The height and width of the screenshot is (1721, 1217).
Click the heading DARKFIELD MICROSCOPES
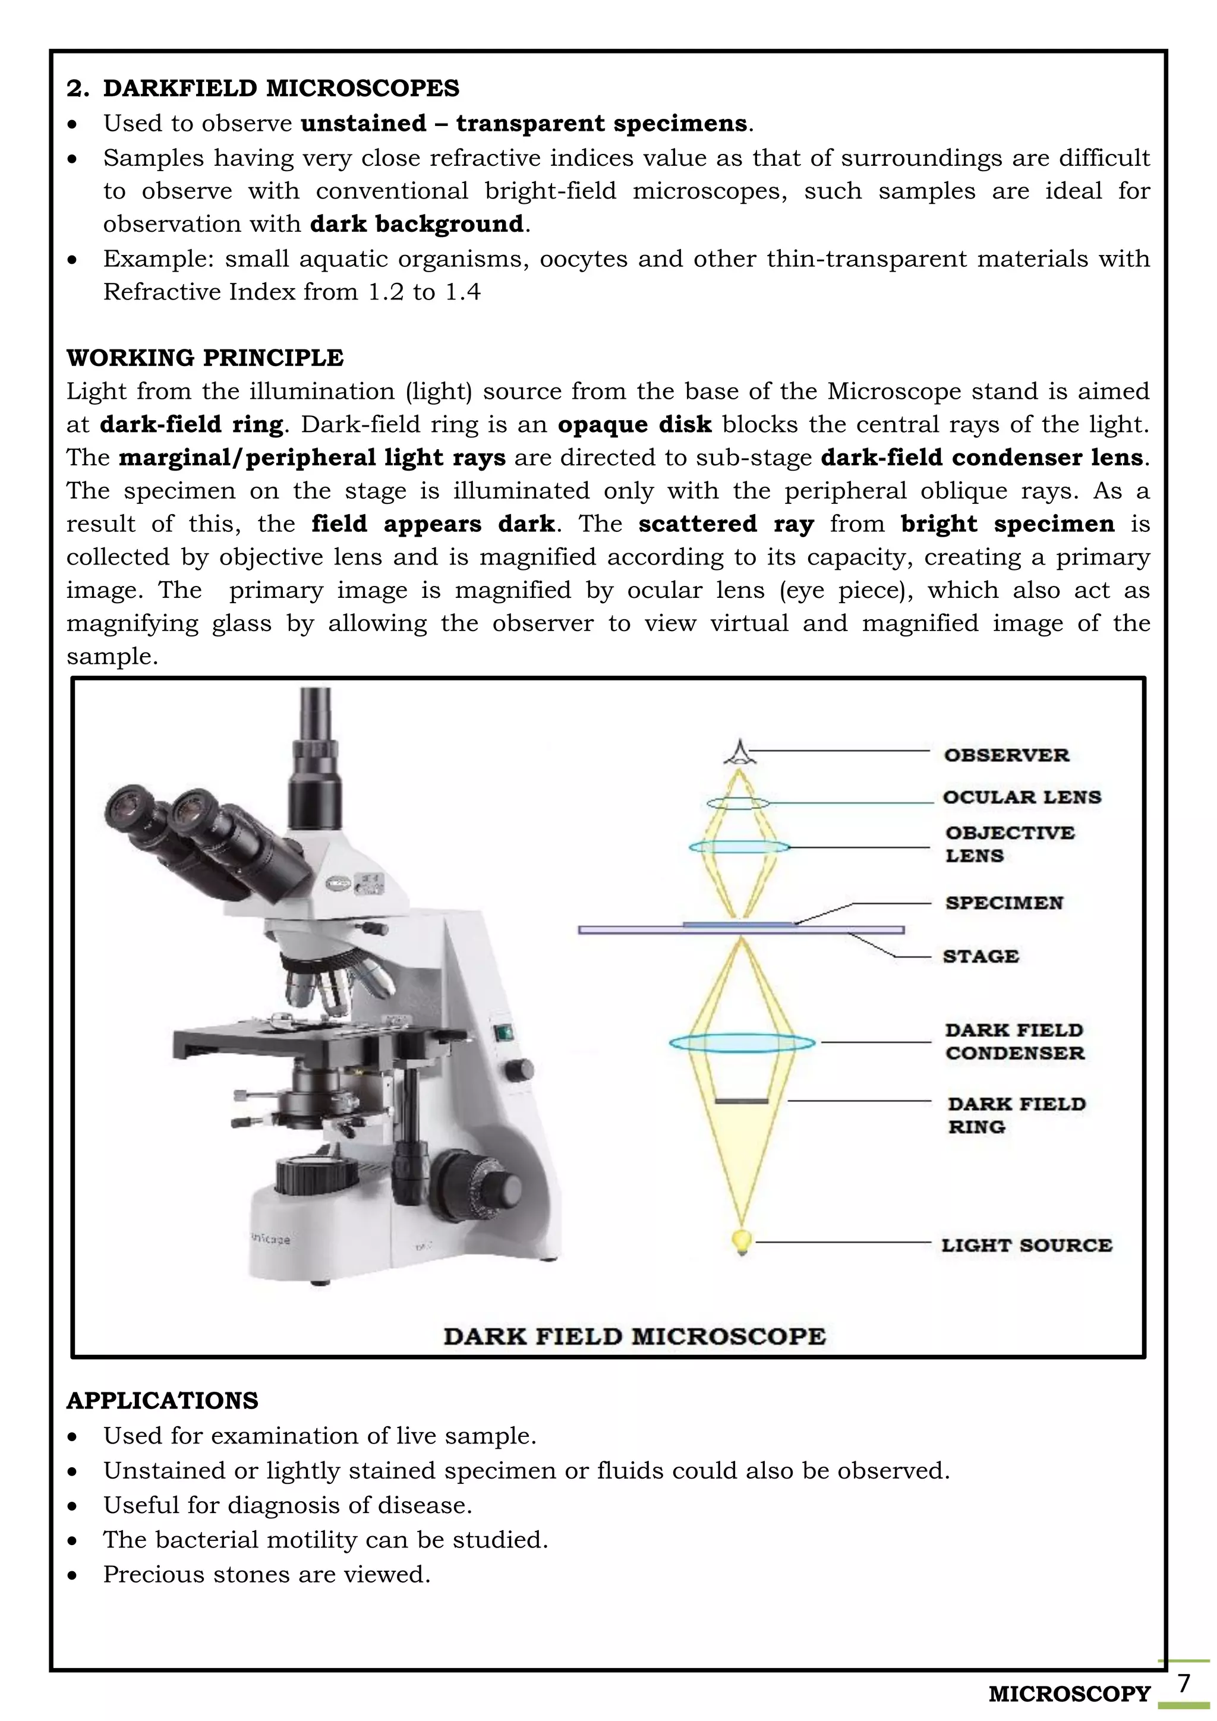pos(280,89)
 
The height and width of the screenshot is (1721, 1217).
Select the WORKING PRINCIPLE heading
pos(204,358)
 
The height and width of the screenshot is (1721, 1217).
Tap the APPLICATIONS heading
pos(162,1401)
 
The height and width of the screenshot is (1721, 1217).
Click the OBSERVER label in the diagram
pos(1005,755)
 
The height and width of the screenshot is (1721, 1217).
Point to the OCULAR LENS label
pos(1021,797)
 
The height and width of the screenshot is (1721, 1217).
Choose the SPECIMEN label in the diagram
pos(1004,903)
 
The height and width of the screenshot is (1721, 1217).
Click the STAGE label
pos(980,956)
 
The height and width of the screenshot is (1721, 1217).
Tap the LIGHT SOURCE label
pos(1026,1245)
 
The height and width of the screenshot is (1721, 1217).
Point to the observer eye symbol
pos(740,752)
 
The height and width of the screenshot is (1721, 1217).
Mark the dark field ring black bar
pos(741,1101)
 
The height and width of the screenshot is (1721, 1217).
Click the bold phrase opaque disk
pos(634,424)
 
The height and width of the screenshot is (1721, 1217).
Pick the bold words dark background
pos(416,224)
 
